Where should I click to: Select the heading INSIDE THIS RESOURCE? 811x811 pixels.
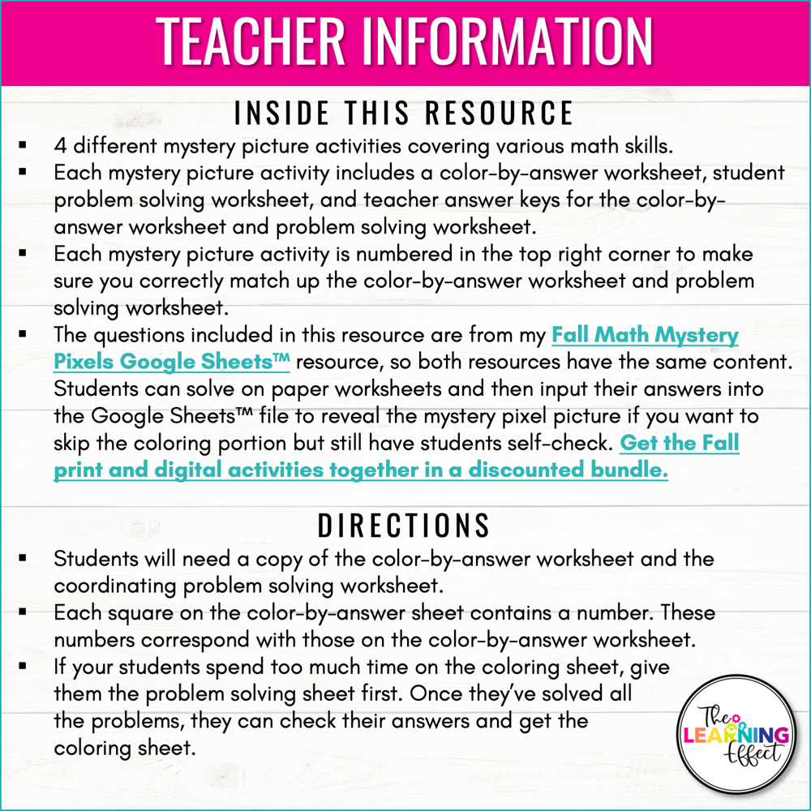[404, 113]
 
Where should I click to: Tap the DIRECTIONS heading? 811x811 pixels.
[404, 526]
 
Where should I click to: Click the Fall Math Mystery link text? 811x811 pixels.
[645, 335]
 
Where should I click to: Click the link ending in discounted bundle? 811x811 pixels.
[361, 470]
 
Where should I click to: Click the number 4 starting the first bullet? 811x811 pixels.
[60, 147]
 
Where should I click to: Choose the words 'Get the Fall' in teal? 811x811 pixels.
[680, 444]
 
